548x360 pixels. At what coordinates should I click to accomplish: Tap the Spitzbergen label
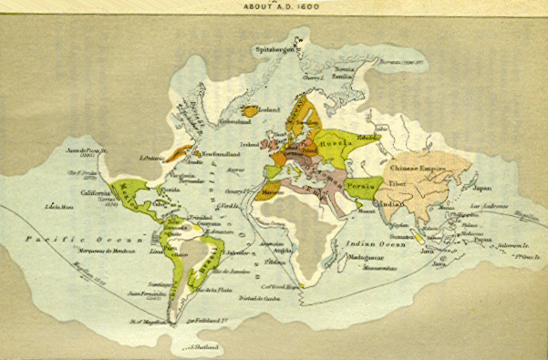(x=275, y=50)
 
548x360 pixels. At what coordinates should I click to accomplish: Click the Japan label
(x=481, y=190)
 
